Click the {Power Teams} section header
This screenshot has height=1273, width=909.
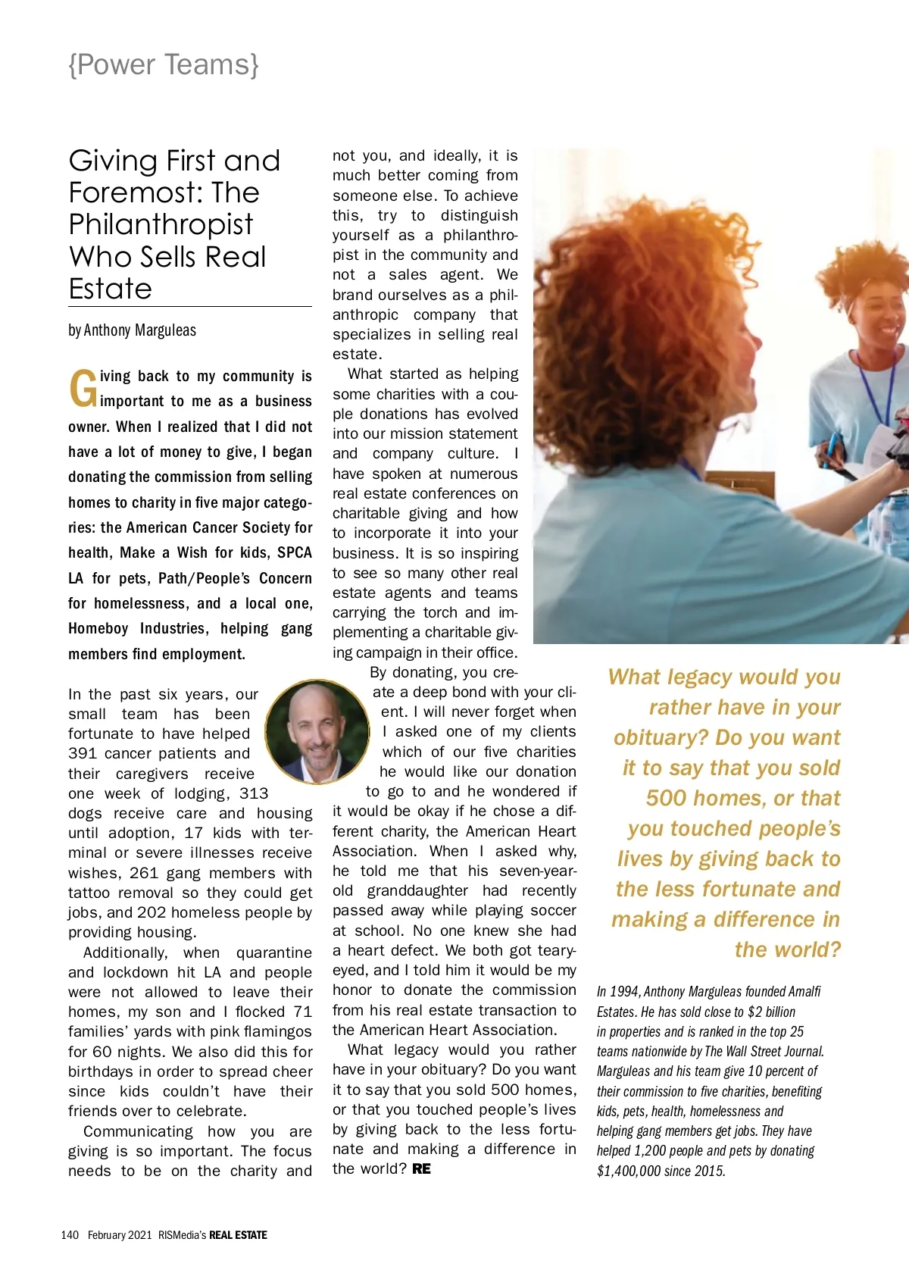tap(164, 65)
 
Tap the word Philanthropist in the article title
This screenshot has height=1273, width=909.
tap(161, 224)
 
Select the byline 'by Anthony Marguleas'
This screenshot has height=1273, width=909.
tap(132, 330)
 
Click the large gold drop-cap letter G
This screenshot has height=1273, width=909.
tap(83, 389)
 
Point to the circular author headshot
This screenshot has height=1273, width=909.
tap(317, 731)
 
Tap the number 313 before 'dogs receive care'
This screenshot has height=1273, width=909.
tap(254, 793)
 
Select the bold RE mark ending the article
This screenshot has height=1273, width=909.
tap(421, 1169)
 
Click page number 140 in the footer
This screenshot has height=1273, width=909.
tap(70, 1235)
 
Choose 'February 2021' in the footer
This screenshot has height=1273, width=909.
tap(120, 1235)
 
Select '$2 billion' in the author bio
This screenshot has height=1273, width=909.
tap(771, 1012)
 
